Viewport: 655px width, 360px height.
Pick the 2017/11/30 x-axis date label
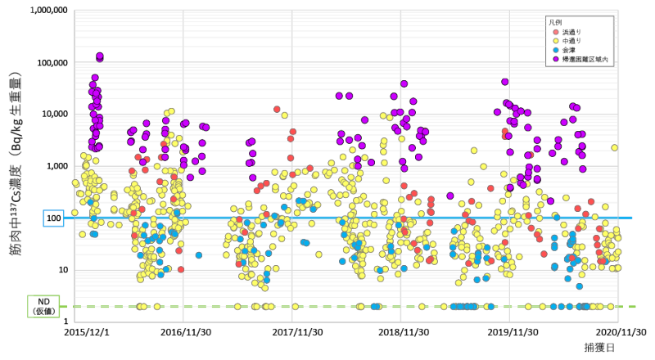click(x=296, y=333)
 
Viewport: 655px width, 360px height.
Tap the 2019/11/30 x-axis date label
click(x=513, y=333)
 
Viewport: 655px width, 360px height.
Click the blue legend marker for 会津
click(x=554, y=51)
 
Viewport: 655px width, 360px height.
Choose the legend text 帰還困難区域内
click(x=582, y=61)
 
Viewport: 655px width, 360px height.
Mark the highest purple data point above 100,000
click(x=100, y=56)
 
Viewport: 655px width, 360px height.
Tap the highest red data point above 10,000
click(x=278, y=110)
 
